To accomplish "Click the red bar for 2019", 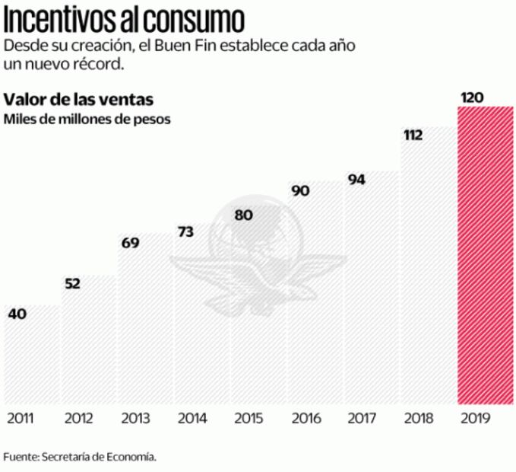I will coord(485,255).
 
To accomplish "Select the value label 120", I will coord(472,97).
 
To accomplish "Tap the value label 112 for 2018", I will coord(414,135).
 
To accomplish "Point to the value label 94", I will coord(357,180).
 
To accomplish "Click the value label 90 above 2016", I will coord(300,190).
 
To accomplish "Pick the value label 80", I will coord(243,215).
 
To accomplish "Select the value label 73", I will coord(187,231).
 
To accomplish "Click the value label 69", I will coord(130,243).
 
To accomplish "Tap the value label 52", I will coord(73,284).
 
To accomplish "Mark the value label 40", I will coord(17,313).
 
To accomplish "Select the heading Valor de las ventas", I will coord(79,100).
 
